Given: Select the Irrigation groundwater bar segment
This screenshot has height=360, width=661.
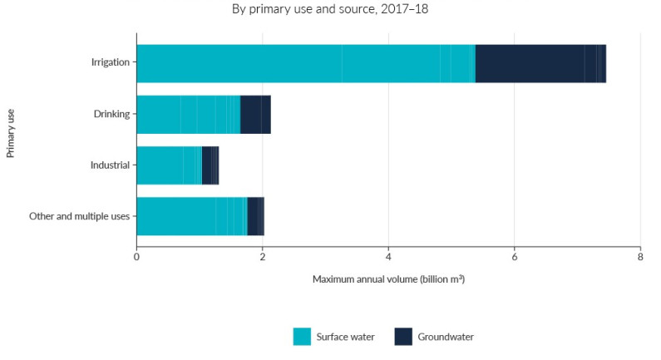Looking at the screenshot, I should click(540, 63).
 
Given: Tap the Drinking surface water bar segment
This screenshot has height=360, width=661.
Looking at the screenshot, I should click(188, 115).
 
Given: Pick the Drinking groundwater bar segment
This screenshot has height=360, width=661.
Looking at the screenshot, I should click(255, 115).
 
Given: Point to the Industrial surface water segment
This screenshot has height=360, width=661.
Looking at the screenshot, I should click(169, 165).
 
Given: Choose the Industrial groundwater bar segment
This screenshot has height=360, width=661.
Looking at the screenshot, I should click(210, 165).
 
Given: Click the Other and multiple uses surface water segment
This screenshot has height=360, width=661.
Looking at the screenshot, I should click(191, 216).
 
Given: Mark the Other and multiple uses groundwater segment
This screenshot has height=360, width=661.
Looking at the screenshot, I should click(255, 216).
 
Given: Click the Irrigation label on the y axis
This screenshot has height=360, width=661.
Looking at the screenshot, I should click(111, 63).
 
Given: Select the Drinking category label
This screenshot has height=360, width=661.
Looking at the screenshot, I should click(113, 115).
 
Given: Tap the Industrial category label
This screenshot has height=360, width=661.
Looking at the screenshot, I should click(111, 165).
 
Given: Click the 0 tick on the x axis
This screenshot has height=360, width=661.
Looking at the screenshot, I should click(136, 257).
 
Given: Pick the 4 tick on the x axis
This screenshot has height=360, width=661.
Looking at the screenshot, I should click(388, 257).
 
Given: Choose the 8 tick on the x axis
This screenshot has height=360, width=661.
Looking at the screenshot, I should click(639, 257).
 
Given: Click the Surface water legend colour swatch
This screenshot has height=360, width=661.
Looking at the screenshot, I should click(302, 337).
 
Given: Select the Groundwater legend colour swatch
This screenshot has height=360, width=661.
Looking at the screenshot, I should click(403, 337).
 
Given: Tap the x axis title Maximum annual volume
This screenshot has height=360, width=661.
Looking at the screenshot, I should click(388, 279).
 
